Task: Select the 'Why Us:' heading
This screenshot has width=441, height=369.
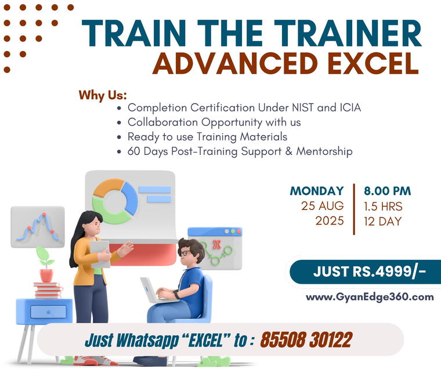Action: coord(103,95)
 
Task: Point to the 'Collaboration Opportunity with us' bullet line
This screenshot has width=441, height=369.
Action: coord(214,122)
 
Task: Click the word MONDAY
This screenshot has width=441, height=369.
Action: coord(317,191)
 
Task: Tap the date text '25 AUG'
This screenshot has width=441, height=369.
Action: coord(322,206)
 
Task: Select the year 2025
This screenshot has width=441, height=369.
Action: coord(329,221)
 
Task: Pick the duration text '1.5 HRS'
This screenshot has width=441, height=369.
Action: coord(383,206)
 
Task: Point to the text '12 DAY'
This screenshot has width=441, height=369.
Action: coord(382,221)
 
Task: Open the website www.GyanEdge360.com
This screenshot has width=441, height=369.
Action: coord(370,297)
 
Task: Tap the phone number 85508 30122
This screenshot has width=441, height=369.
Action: coord(306,339)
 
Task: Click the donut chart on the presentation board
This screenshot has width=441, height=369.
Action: coord(115,201)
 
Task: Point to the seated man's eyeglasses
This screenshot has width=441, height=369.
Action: coord(184,254)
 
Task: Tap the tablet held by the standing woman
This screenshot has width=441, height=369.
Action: coord(99,254)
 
